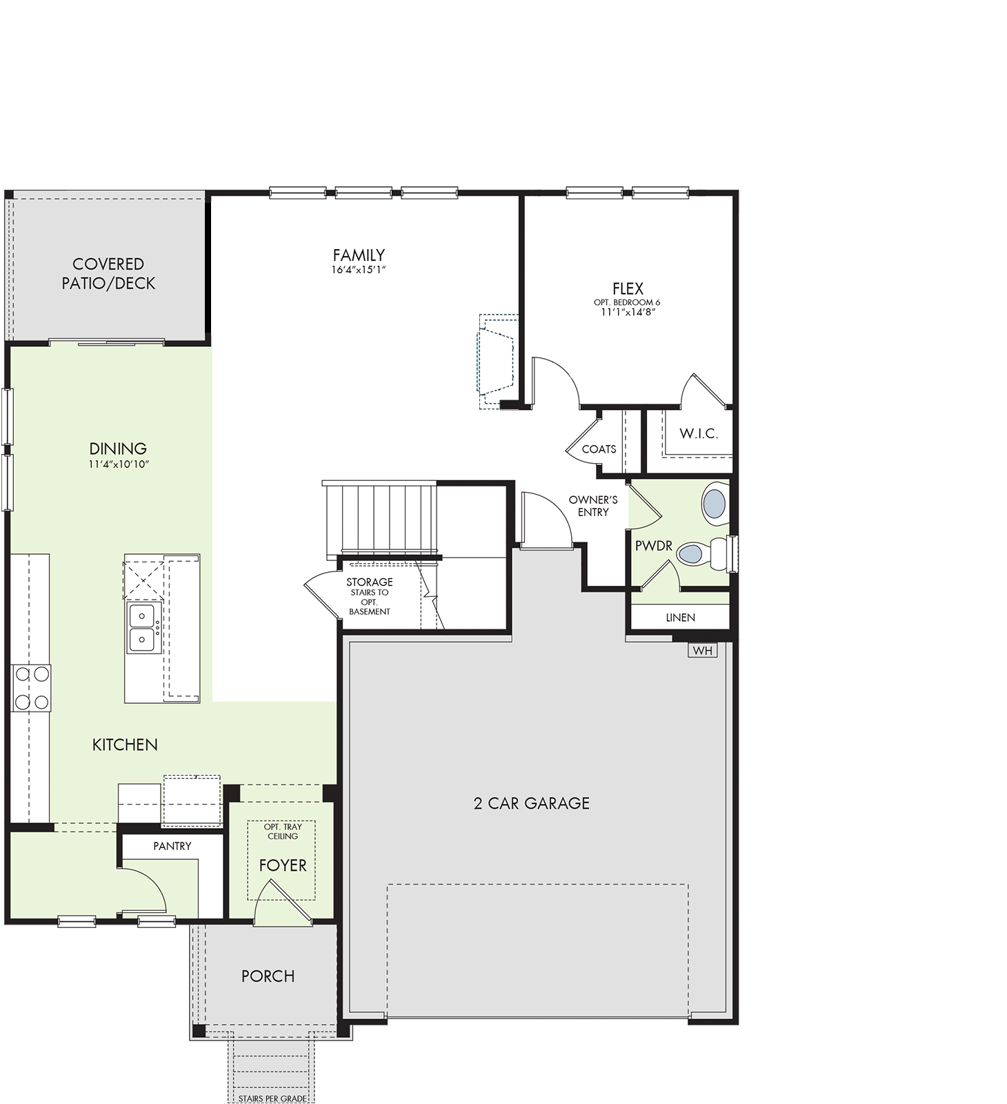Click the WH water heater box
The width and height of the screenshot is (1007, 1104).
pyautogui.click(x=702, y=650)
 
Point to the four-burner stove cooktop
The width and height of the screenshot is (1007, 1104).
pyautogui.click(x=31, y=687)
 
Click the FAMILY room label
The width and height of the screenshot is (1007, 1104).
pyautogui.click(x=359, y=255)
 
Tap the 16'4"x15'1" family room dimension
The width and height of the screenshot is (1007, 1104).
pyautogui.click(x=359, y=270)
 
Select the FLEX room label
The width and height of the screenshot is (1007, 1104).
pyautogui.click(x=628, y=288)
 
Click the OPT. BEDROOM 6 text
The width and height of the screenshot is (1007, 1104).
pyautogui.click(x=627, y=302)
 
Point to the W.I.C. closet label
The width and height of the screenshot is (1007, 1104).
pyautogui.click(x=699, y=433)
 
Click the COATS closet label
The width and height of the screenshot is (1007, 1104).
pyautogui.click(x=599, y=449)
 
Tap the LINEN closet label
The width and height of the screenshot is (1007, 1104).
pyautogui.click(x=680, y=618)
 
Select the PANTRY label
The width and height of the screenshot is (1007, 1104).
pyautogui.click(x=172, y=846)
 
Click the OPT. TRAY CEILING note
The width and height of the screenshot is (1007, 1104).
pyautogui.click(x=283, y=831)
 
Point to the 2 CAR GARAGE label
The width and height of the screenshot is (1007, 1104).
pyautogui.click(x=532, y=803)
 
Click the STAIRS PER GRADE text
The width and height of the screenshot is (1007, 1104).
pyautogui.click(x=272, y=1098)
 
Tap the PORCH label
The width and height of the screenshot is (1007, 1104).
pyautogui.click(x=268, y=976)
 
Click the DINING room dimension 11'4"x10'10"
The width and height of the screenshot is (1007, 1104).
pyautogui.click(x=119, y=464)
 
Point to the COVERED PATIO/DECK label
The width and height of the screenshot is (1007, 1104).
pyautogui.click(x=108, y=273)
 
